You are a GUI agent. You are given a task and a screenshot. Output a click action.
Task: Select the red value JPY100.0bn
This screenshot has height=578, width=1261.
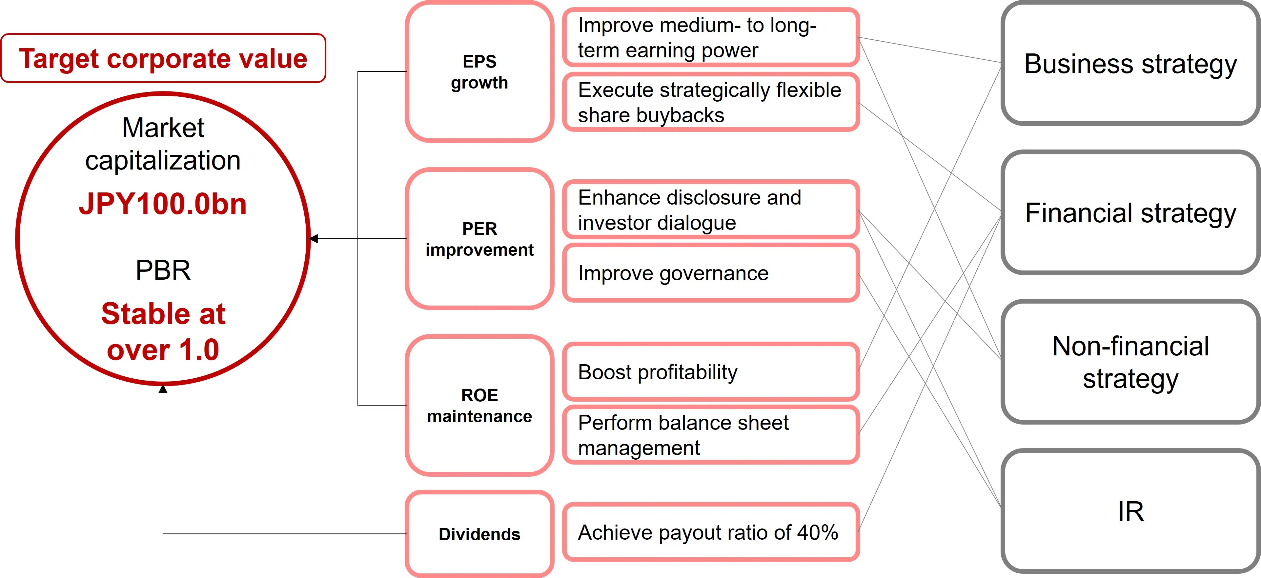coord(163,204)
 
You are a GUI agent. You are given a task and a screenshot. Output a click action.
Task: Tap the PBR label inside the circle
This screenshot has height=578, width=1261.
coord(163,270)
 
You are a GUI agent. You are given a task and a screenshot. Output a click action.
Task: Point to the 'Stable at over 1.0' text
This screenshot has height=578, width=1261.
coord(163,331)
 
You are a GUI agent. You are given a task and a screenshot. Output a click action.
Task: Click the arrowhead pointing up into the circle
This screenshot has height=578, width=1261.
coord(163,389)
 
